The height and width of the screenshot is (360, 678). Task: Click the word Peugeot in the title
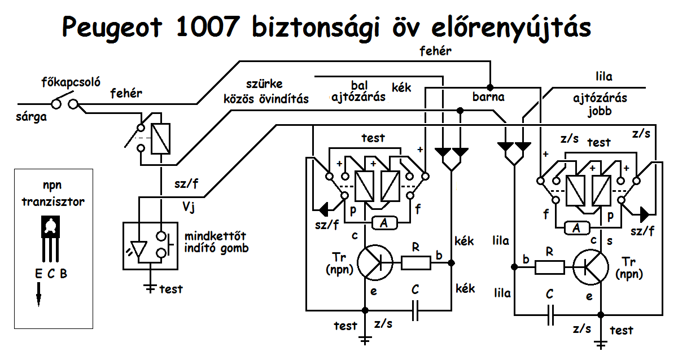112,28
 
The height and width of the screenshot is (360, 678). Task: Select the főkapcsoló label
71,82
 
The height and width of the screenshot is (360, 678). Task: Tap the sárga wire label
31,117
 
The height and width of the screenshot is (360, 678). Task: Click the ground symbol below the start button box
150,288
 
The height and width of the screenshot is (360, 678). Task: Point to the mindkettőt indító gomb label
216,242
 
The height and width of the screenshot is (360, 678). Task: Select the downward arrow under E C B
38,295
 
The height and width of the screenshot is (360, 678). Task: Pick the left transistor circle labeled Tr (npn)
375,262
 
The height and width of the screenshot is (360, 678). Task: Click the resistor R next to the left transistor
416,262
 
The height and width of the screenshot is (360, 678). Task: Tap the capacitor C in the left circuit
415,310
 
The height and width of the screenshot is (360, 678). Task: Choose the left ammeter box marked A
384,223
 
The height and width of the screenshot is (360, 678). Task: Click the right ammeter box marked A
577,228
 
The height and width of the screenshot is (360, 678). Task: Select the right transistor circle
590,267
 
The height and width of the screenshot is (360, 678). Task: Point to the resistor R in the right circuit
550,267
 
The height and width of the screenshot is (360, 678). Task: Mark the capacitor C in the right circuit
550,315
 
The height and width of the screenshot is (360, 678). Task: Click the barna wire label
488,97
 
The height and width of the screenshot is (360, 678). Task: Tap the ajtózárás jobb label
600,105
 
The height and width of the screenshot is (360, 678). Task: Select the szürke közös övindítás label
266,91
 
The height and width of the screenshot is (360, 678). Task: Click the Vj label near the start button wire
189,208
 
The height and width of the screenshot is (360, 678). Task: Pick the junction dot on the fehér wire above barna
490,87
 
